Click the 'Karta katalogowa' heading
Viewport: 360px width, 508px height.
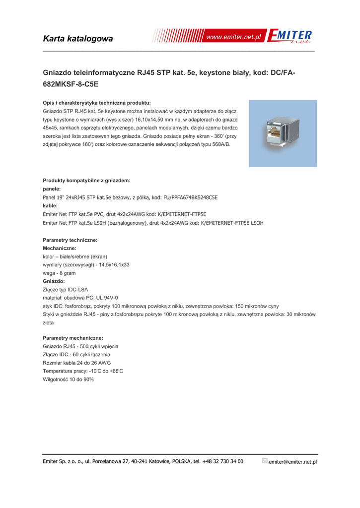(78, 39)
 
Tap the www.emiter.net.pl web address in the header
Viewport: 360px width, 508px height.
(233, 37)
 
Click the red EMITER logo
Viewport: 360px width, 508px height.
(289, 36)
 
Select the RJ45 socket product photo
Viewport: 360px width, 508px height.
(283, 133)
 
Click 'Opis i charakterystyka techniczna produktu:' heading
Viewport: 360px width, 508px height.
(97, 103)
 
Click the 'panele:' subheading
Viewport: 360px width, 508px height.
(52, 189)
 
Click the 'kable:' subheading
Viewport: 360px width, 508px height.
(50, 205)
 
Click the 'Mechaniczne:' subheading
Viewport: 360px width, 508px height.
(60, 248)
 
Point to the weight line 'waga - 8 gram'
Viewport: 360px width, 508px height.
(59, 273)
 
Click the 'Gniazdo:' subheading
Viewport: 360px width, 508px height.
(54, 281)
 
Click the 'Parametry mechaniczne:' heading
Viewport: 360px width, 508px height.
(73, 338)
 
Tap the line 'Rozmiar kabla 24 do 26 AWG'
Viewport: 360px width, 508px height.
(77, 363)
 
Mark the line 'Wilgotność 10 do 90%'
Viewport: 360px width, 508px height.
(69, 380)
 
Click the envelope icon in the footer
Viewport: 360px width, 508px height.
(265, 461)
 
